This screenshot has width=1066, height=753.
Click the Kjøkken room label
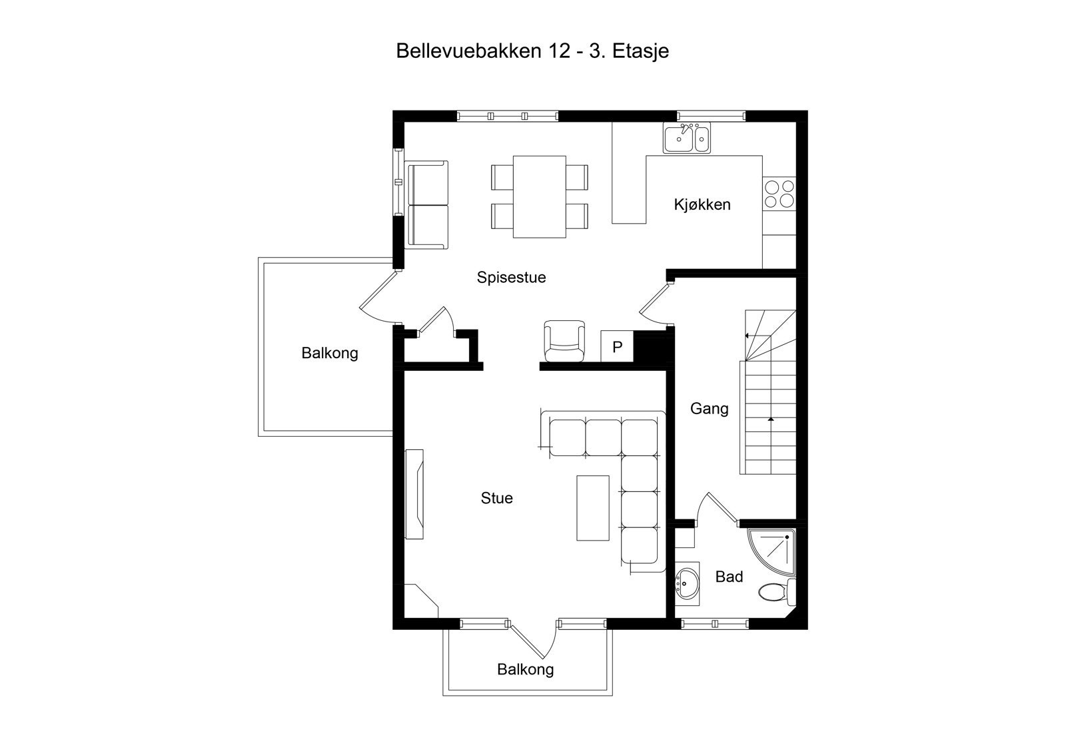(702, 204)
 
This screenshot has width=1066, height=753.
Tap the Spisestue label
(511, 277)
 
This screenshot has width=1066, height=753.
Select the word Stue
(496, 498)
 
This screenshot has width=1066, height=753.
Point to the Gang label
(709, 408)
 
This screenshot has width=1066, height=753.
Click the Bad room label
(729, 577)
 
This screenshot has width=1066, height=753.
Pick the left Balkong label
(330, 353)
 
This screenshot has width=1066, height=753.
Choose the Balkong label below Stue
(525, 669)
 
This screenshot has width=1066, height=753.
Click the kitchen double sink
(686, 138)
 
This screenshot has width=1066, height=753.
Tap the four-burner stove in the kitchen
(780, 194)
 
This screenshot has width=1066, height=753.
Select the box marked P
(617, 347)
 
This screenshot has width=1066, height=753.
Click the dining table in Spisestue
(539, 196)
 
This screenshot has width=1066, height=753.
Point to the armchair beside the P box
(564, 341)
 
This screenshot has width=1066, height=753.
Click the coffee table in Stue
(592, 507)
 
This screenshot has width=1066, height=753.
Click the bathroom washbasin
(687, 584)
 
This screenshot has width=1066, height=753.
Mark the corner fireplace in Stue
(418, 603)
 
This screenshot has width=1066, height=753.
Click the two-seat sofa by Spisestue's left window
(426, 205)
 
